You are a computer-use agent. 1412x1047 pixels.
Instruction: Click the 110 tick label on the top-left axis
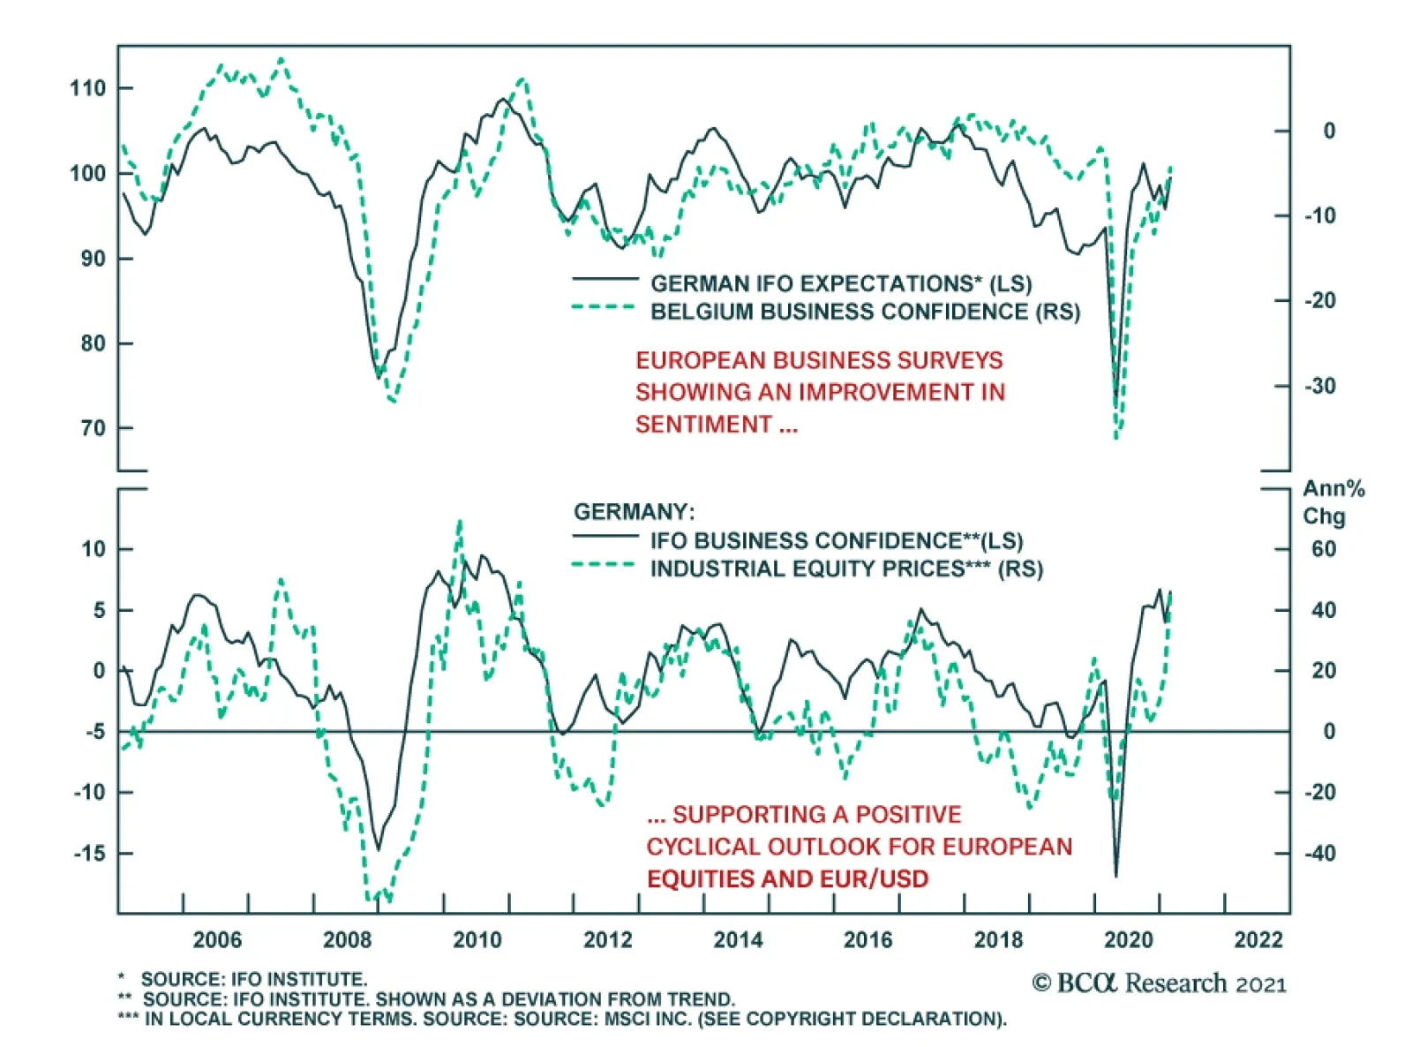coord(87,88)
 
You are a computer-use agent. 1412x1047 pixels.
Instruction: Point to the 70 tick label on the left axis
coord(93,429)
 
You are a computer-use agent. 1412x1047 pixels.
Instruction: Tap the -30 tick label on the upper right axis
coord(1320,387)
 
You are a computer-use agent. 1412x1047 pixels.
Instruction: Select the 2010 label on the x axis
coord(477,939)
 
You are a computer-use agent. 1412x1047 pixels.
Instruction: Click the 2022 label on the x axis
coord(1258,939)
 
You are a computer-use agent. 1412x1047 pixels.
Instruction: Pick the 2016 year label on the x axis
coord(867,939)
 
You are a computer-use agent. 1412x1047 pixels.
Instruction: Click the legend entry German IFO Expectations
coord(840,283)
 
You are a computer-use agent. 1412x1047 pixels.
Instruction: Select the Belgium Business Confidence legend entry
coord(865,312)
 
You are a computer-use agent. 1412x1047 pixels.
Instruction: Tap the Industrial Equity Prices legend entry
coord(845,569)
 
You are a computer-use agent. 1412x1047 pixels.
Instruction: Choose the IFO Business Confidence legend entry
coord(836,540)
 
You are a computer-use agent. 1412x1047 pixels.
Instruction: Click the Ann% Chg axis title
coord(1333,501)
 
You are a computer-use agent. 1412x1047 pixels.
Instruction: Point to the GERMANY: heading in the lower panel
coord(634,512)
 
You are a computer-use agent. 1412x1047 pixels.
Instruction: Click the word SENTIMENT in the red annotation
coord(703,425)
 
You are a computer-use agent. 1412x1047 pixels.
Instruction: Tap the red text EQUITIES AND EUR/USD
coord(787,879)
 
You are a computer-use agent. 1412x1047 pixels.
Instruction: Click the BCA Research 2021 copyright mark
coord(1159,983)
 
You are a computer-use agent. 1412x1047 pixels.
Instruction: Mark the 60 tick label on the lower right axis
coord(1323,549)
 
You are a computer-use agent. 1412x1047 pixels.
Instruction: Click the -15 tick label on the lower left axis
coord(90,854)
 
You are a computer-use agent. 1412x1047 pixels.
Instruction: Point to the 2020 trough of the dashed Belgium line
coord(1116,436)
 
